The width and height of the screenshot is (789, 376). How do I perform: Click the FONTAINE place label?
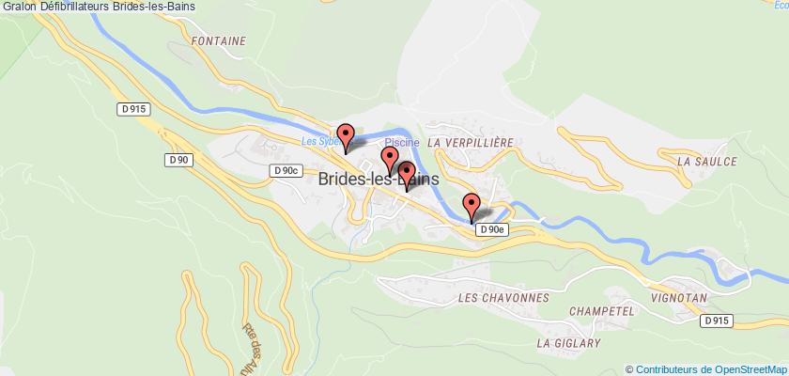(x=218, y=41)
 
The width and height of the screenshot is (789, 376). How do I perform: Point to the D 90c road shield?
(x=286, y=170)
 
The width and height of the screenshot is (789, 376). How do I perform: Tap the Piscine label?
(x=401, y=142)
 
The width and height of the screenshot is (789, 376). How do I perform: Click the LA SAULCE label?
(x=706, y=162)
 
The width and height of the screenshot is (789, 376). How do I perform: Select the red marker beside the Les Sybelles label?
(x=345, y=137)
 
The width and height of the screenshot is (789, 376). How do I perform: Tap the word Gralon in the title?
(x=19, y=8)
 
